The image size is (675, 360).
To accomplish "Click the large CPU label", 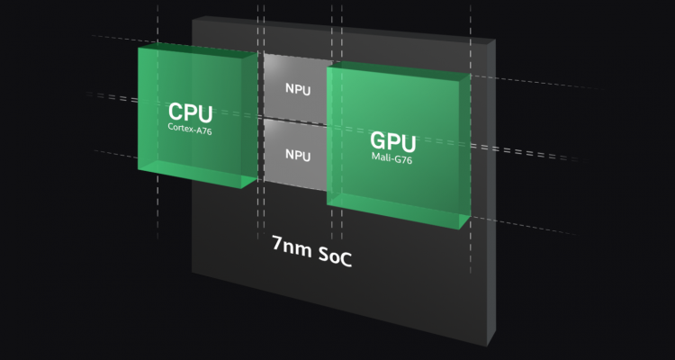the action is [190, 112].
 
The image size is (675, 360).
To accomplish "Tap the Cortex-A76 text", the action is [190, 129].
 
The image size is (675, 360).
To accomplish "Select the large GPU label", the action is [393, 141].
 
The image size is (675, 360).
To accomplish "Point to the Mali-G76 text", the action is [391, 158].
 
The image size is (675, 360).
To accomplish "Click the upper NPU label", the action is [298, 89].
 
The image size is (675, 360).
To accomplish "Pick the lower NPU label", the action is [298, 155].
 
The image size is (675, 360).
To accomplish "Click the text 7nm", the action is [292, 247].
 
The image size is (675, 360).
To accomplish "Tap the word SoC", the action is [336, 258].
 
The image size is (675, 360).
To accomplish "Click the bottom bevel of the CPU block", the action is [197, 174].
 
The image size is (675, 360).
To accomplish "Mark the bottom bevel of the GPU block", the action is [397, 211].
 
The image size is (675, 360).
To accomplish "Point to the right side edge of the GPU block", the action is [464, 151].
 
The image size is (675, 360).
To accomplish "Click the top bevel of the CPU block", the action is [198, 50].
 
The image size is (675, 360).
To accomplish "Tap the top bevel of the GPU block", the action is [398, 70].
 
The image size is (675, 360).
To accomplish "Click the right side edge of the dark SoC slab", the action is [491, 193].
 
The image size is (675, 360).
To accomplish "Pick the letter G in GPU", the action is [378, 140].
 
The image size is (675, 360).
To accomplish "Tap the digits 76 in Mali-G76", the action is [407, 160].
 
